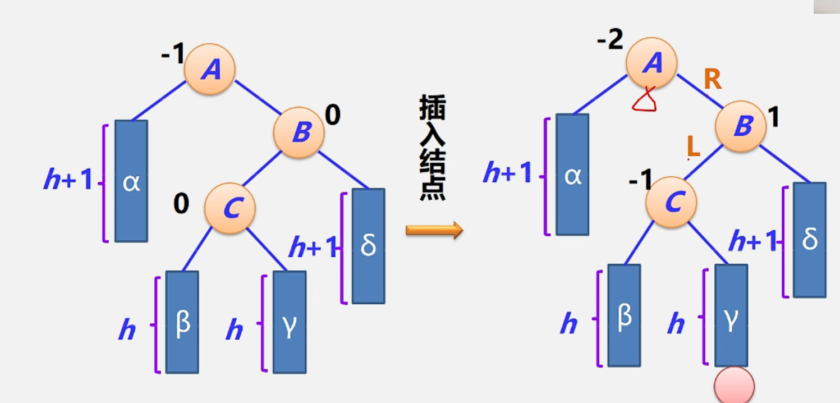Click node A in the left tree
(210, 70)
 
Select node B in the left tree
(299, 132)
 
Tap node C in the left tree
(229, 208)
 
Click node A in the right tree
(651, 63)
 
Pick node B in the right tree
(741, 127)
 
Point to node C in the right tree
(671, 202)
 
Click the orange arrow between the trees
(434, 230)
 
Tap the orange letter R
(712, 80)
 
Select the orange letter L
(694, 148)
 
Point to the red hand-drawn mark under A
(645, 102)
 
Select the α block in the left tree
(131, 181)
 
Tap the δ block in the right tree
(809, 240)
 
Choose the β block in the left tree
(182, 322)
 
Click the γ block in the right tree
(731, 315)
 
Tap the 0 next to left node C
(181, 204)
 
